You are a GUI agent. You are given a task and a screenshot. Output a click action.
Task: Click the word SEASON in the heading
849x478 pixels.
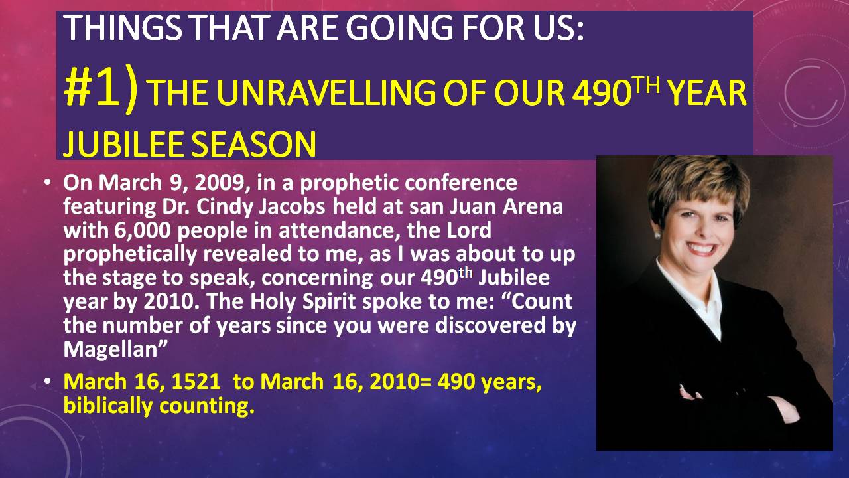(253, 145)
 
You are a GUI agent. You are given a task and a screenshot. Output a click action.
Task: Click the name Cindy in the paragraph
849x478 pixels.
(224, 207)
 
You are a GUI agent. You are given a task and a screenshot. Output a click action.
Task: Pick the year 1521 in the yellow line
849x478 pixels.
(196, 382)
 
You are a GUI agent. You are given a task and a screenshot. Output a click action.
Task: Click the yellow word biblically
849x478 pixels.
(108, 406)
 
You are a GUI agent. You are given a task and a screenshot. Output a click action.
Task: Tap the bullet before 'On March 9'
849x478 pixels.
(47, 182)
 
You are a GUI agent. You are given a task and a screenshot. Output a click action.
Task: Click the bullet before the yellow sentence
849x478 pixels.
(47, 381)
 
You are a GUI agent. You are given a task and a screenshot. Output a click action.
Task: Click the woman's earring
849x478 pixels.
(657, 235)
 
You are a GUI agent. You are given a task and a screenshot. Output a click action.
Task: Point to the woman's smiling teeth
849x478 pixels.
(700, 249)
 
